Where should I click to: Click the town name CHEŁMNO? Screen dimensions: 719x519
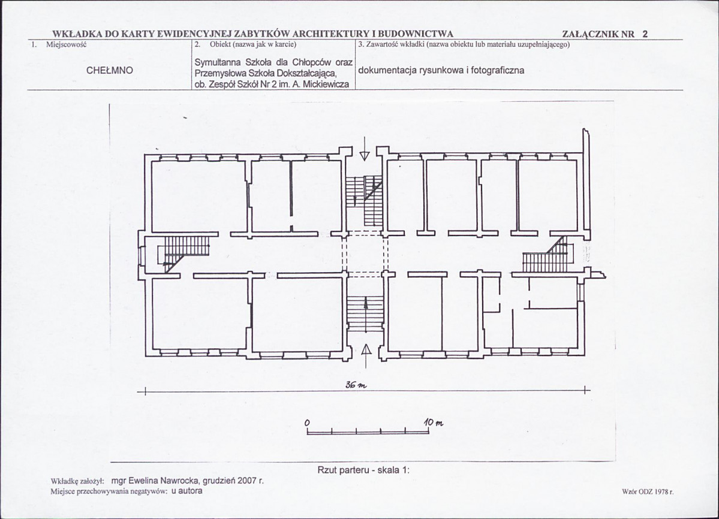coord(110,71)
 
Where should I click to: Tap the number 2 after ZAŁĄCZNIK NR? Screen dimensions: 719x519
coord(645,34)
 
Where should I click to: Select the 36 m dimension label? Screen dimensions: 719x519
coord(356,385)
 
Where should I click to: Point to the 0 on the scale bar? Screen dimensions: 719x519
coord(307,422)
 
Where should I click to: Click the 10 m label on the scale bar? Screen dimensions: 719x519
coord(434,423)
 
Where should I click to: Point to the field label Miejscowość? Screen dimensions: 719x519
coord(67,44)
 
